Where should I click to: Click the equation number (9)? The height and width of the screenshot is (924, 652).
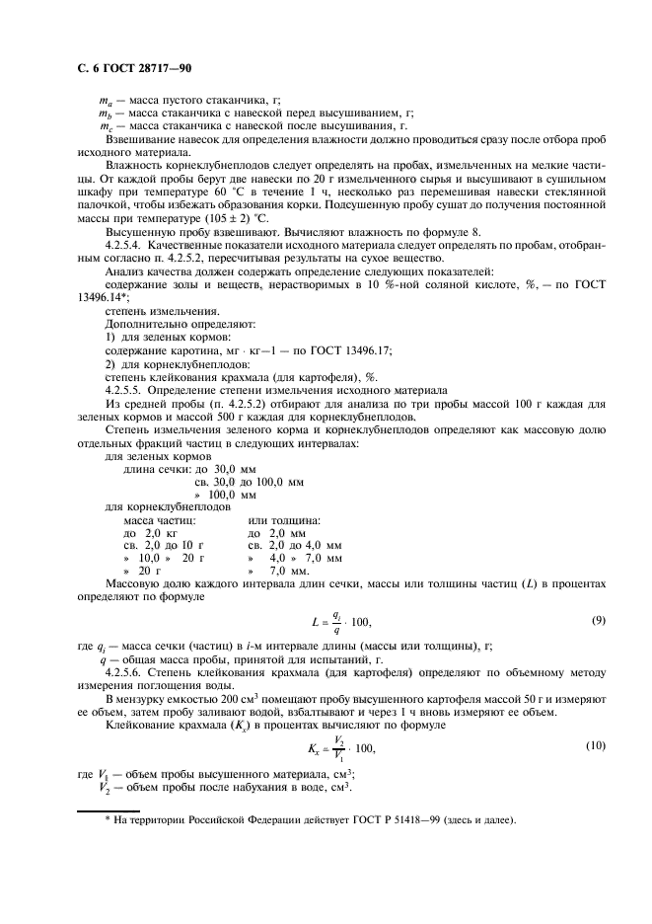pos(598,619)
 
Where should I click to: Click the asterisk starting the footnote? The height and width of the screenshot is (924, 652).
pos(108,819)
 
